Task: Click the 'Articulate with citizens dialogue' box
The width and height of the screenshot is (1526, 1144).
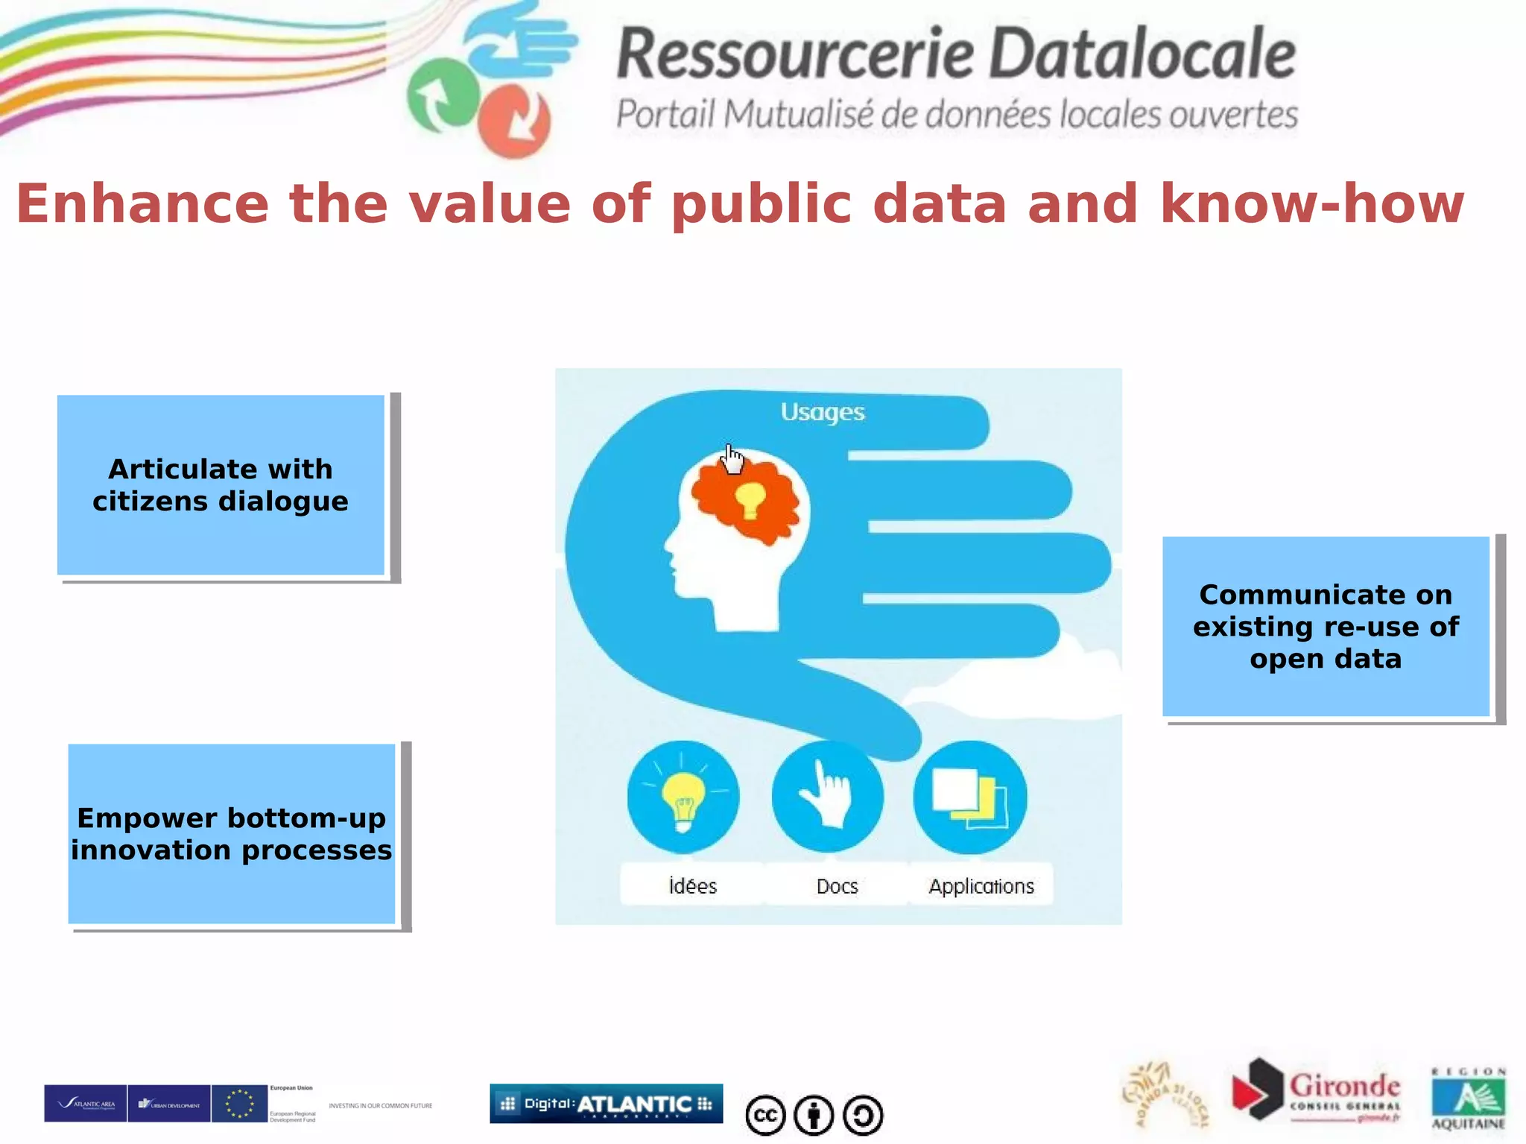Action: (x=221, y=484)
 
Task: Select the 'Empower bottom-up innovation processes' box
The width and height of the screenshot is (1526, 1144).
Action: (x=232, y=833)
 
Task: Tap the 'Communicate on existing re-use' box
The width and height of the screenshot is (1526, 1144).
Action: (x=1326, y=626)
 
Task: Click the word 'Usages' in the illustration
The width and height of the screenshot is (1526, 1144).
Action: (x=823, y=412)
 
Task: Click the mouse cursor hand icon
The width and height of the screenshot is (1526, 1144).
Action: (x=733, y=459)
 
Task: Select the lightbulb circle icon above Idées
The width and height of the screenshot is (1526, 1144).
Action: (x=683, y=797)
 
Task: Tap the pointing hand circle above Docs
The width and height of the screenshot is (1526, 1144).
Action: (x=828, y=797)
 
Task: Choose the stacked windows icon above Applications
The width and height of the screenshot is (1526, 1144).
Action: (x=970, y=797)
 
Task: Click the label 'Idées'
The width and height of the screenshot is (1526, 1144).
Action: (x=693, y=886)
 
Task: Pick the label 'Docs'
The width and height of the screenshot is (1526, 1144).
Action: (x=837, y=886)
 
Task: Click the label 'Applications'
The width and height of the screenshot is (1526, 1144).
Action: (x=981, y=886)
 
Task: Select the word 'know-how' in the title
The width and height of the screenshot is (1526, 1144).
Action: (x=1312, y=203)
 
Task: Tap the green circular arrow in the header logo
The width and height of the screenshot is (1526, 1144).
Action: (x=441, y=95)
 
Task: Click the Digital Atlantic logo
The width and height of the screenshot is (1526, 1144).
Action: (x=606, y=1104)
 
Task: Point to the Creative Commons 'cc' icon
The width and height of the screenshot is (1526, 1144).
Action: (x=765, y=1116)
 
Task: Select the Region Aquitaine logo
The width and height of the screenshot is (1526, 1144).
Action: (x=1468, y=1099)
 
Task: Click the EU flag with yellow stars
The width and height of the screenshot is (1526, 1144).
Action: (x=239, y=1104)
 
